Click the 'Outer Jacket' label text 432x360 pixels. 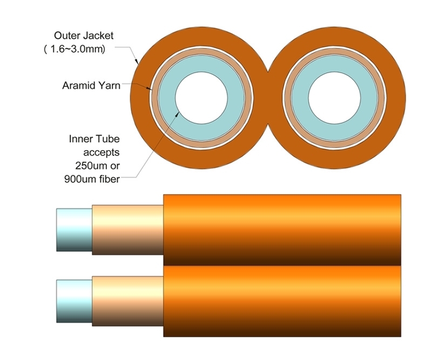click(x=84, y=36)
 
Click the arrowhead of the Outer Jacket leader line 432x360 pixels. click(x=138, y=62)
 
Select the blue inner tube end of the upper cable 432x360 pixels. click(x=74, y=229)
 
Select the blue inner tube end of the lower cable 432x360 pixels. click(x=74, y=301)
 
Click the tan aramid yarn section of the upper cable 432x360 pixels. click(x=127, y=229)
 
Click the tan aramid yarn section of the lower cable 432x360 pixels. click(x=127, y=301)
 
